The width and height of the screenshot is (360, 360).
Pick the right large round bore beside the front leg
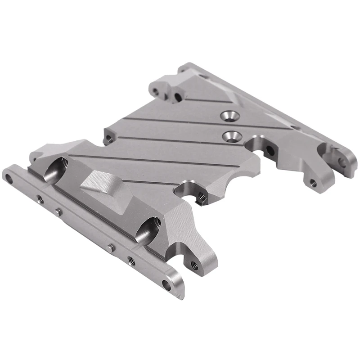coord(147,229)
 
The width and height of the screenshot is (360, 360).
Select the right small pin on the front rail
coord(112,247)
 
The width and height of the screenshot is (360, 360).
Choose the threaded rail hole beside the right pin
coord(131,261)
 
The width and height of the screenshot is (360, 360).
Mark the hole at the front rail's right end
coord(167,284)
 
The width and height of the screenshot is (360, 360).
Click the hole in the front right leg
coord(194,265)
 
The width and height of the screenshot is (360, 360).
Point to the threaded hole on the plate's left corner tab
coord(108,138)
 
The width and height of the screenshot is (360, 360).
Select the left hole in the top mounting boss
coord(155,91)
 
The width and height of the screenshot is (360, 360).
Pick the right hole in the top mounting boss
coord(178,97)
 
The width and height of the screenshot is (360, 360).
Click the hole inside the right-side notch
coord(269,150)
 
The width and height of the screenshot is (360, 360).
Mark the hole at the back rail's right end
coord(343,161)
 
